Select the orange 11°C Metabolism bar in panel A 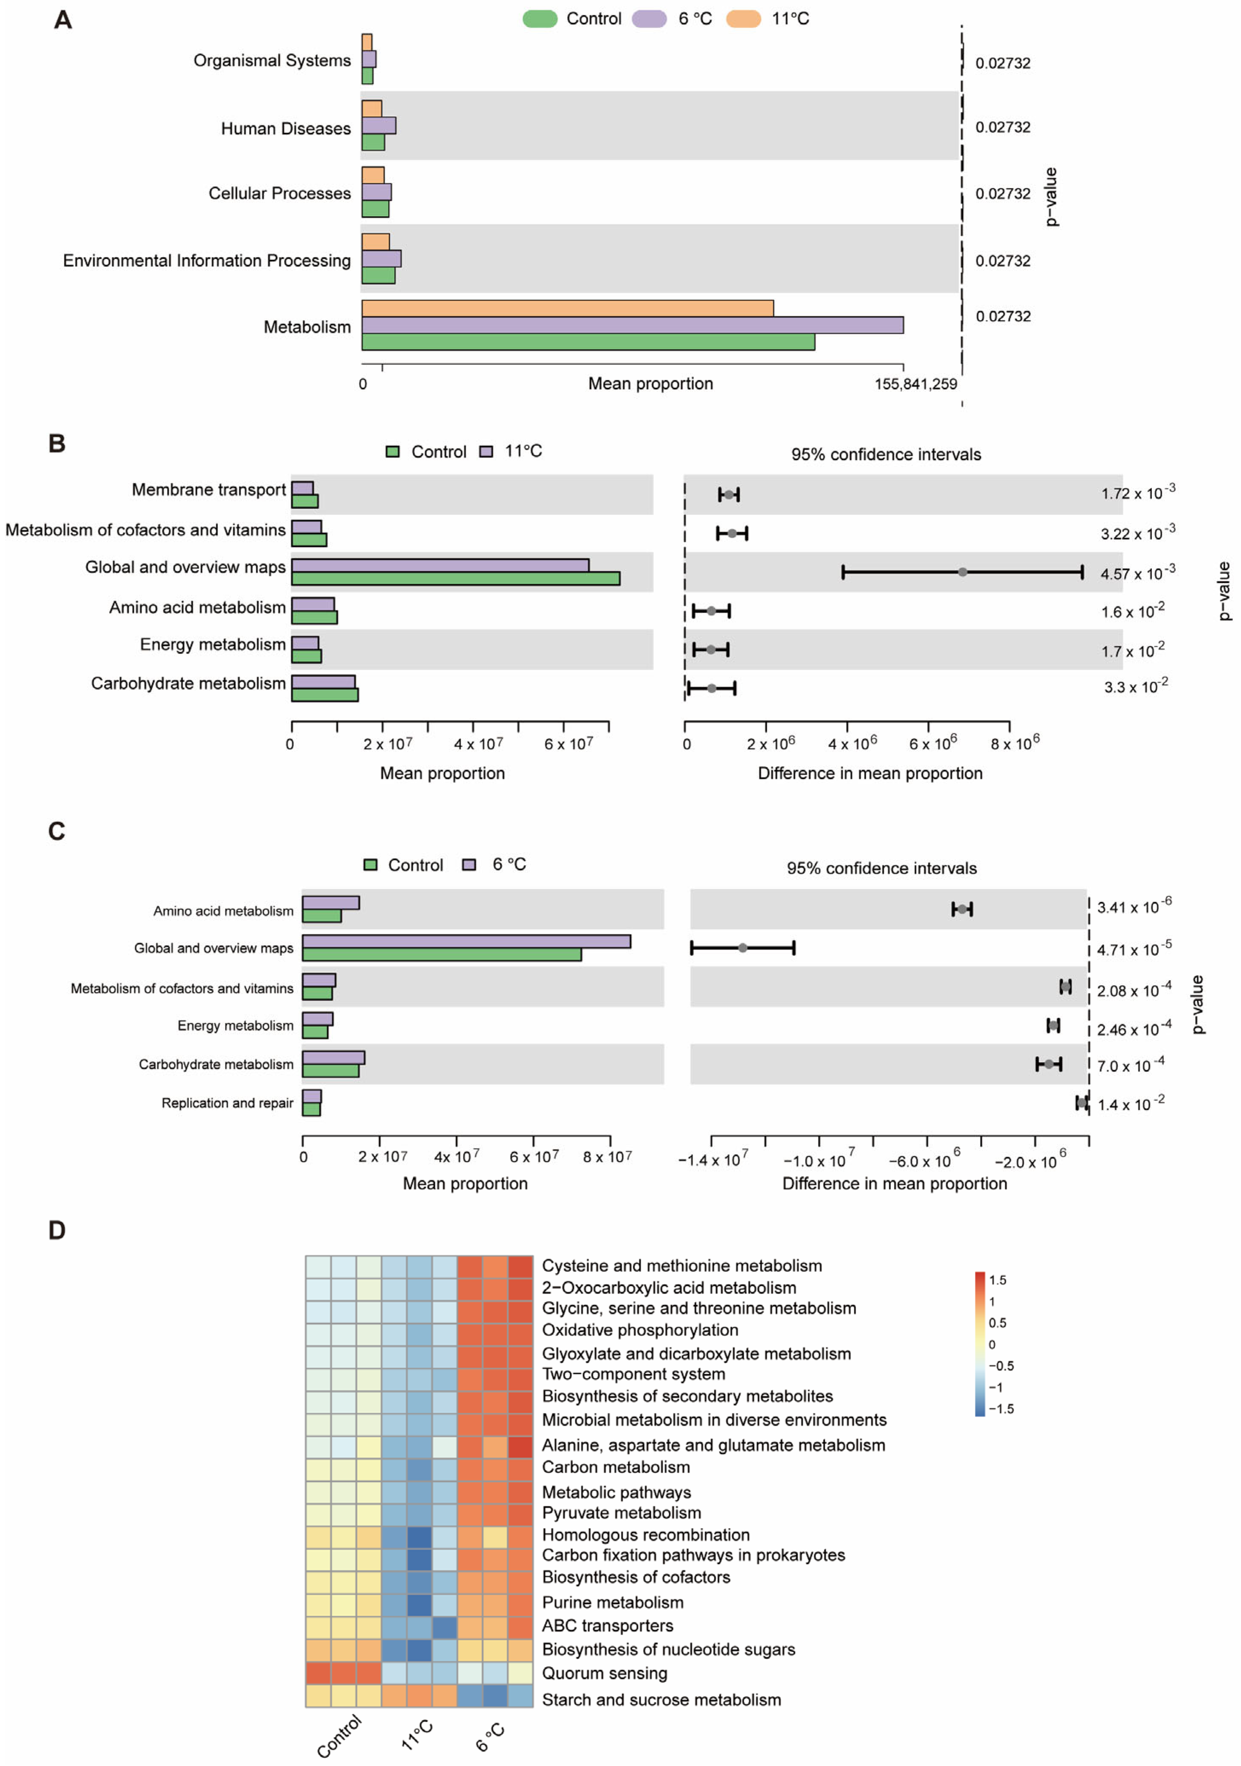[x=567, y=308]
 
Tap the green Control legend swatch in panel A [x=539, y=19]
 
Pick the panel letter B [x=57, y=444]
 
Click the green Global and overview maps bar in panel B [x=455, y=579]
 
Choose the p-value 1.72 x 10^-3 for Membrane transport [x=1137, y=492]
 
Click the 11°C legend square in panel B [x=485, y=452]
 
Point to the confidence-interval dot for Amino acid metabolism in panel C [x=962, y=909]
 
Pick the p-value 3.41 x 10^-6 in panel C [x=1134, y=907]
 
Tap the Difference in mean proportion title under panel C [x=894, y=1184]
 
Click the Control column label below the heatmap [x=339, y=1736]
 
